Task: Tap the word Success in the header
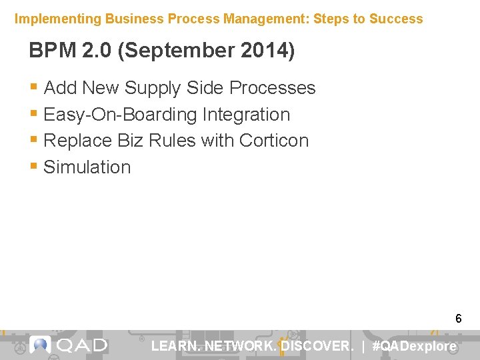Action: point(398,19)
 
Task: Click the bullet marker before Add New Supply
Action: point(34,88)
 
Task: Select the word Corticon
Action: point(274,141)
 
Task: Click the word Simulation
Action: point(87,167)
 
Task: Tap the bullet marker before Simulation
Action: point(34,167)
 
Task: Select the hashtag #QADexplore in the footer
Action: point(415,346)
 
